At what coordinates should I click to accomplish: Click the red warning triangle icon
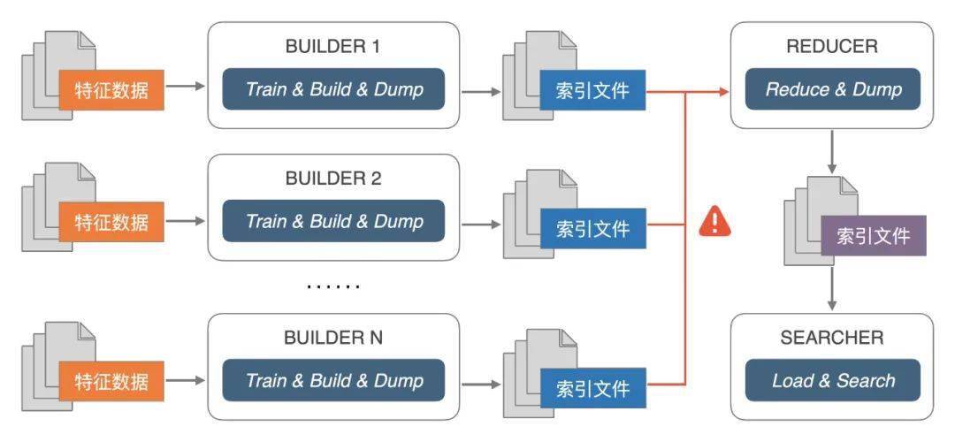click(715, 221)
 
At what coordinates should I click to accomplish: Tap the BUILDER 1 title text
click(332, 47)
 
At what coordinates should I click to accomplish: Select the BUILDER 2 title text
click(333, 179)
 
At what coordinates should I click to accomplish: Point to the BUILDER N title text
click(333, 338)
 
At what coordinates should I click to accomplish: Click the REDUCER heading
click(832, 47)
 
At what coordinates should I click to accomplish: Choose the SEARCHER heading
click(832, 338)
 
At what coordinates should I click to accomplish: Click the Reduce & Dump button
click(833, 89)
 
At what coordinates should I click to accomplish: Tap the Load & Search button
click(833, 380)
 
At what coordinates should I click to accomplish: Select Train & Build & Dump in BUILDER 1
click(333, 89)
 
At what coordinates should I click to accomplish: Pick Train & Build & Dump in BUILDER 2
click(333, 221)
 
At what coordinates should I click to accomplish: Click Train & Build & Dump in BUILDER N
click(333, 380)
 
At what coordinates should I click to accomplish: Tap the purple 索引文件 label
click(874, 236)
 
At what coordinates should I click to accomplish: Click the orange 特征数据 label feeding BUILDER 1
click(111, 90)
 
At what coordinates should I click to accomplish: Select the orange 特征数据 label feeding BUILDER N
click(111, 381)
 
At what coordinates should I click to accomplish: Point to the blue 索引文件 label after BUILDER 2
click(592, 228)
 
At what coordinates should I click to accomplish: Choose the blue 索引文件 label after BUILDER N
click(592, 388)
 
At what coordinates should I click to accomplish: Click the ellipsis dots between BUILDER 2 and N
click(333, 286)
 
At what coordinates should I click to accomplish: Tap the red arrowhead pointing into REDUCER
click(723, 92)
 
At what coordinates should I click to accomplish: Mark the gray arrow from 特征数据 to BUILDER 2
click(185, 222)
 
